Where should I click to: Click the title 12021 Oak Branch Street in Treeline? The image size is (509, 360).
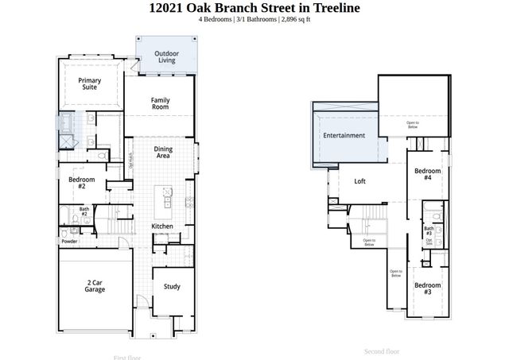point(254,8)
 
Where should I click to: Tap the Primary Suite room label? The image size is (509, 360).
point(90,84)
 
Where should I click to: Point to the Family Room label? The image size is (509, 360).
point(161,103)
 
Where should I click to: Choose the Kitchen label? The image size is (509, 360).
point(162,226)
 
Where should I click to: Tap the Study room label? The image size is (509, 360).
point(172,287)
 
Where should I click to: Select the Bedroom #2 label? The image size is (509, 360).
point(83,184)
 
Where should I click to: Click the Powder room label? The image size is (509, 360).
point(69,241)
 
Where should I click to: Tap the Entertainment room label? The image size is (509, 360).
point(344,136)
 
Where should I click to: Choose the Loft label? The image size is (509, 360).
point(359,181)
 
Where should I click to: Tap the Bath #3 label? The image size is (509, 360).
point(429,230)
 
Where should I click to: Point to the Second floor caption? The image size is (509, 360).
point(381,350)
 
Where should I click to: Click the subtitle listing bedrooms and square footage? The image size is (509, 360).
point(254,20)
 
